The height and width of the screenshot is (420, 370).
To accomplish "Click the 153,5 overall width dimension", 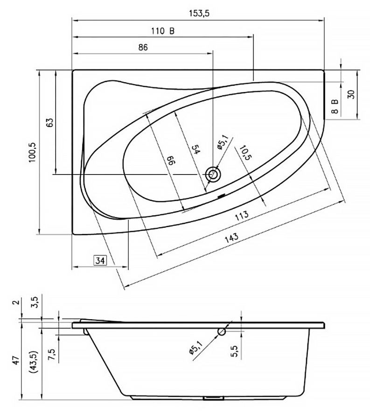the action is pyautogui.click(x=199, y=14).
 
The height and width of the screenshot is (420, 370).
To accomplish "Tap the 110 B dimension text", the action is pyautogui.click(x=163, y=31).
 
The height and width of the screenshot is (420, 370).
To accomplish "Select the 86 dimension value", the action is pyautogui.click(x=143, y=48).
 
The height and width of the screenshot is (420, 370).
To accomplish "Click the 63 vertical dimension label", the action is pyautogui.click(x=50, y=122).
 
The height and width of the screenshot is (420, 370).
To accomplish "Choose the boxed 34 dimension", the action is pyautogui.click(x=100, y=260).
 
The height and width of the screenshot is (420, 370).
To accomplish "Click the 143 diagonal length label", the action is pyautogui.click(x=231, y=238).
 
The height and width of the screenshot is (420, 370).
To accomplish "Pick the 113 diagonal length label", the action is pyautogui.click(x=242, y=216).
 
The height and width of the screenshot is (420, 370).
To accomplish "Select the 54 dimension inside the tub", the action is pyautogui.click(x=196, y=149).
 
